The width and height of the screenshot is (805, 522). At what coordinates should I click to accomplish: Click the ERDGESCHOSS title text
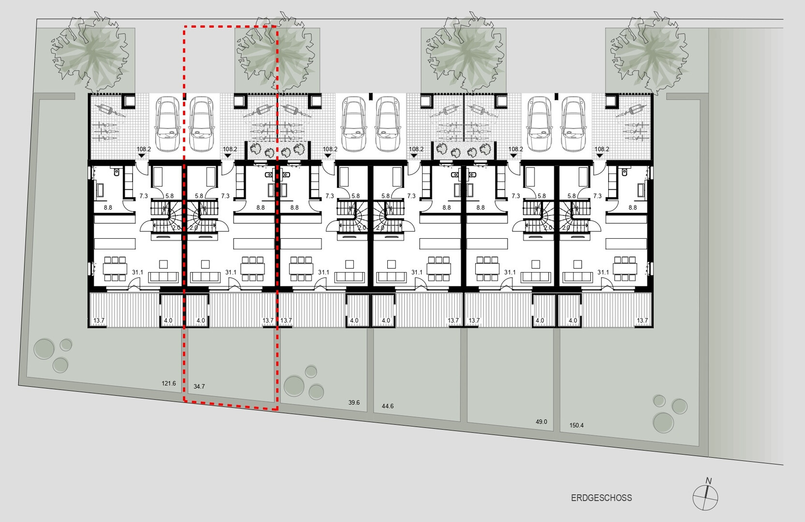pyautogui.click(x=601, y=498)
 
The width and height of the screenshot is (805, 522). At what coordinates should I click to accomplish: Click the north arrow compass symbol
pyautogui.click(x=705, y=497)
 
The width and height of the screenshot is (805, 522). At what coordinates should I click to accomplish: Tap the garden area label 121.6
pyautogui.click(x=169, y=383)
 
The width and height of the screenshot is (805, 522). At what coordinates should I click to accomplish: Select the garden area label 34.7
pyautogui.click(x=199, y=387)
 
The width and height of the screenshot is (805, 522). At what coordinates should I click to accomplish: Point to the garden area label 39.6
pyautogui.click(x=354, y=402)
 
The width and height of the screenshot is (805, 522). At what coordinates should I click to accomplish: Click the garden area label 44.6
pyautogui.click(x=388, y=406)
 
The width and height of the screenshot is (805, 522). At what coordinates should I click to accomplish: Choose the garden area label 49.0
pyautogui.click(x=541, y=422)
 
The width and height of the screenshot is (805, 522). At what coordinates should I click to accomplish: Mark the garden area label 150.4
pyautogui.click(x=576, y=425)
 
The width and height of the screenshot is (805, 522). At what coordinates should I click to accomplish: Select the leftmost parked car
pyautogui.click(x=167, y=124)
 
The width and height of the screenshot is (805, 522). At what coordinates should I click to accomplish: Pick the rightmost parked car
pyautogui.click(x=573, y=124)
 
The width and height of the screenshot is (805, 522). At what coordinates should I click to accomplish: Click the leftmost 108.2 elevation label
pyautogui.click(x=144, y=149)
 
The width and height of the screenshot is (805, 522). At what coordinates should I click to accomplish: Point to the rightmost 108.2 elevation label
pyautogui.click(x=602, y=149)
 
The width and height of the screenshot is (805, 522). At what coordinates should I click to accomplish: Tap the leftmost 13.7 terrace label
pyautogui.click(x=99, y=320)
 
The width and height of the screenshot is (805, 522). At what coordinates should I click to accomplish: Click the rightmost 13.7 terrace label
pyautogui.click(x=642, y=320)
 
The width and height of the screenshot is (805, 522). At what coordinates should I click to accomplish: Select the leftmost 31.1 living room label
pyautogui.click(x=137, y=272)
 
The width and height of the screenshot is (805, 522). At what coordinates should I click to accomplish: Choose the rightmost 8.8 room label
pyautogui.click(x=632, y=207)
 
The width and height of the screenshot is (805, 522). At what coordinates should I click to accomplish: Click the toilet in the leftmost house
pyautogui.click(x=117, y=172)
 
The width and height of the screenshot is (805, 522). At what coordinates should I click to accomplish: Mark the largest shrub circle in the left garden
pyautogui.click(x=44, y=349)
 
